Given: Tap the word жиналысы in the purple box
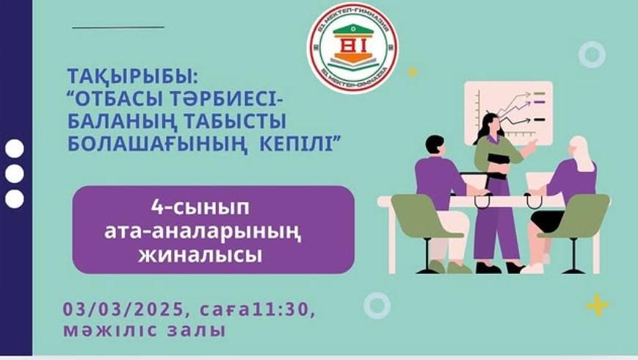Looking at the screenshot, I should (213, 256).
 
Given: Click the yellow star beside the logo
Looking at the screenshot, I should (413, 72).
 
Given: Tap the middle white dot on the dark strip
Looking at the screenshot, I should (15, 173).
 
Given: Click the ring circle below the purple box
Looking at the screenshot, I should (377, 304).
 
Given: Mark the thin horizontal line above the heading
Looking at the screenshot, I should (118, 27).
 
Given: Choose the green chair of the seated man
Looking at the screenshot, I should (416, 220).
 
